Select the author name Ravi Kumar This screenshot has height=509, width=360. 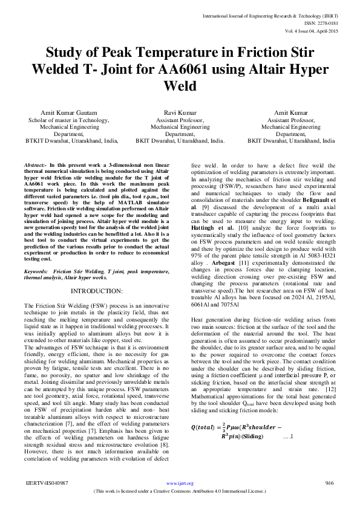[x=180, y=113]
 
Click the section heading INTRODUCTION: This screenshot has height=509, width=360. [x=97, y=291]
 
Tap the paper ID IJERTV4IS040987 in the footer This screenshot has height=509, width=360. [x=46, y=484]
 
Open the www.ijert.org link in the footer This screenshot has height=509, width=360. [x=180, y=484]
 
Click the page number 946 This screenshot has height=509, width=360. [x=330, y=484]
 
